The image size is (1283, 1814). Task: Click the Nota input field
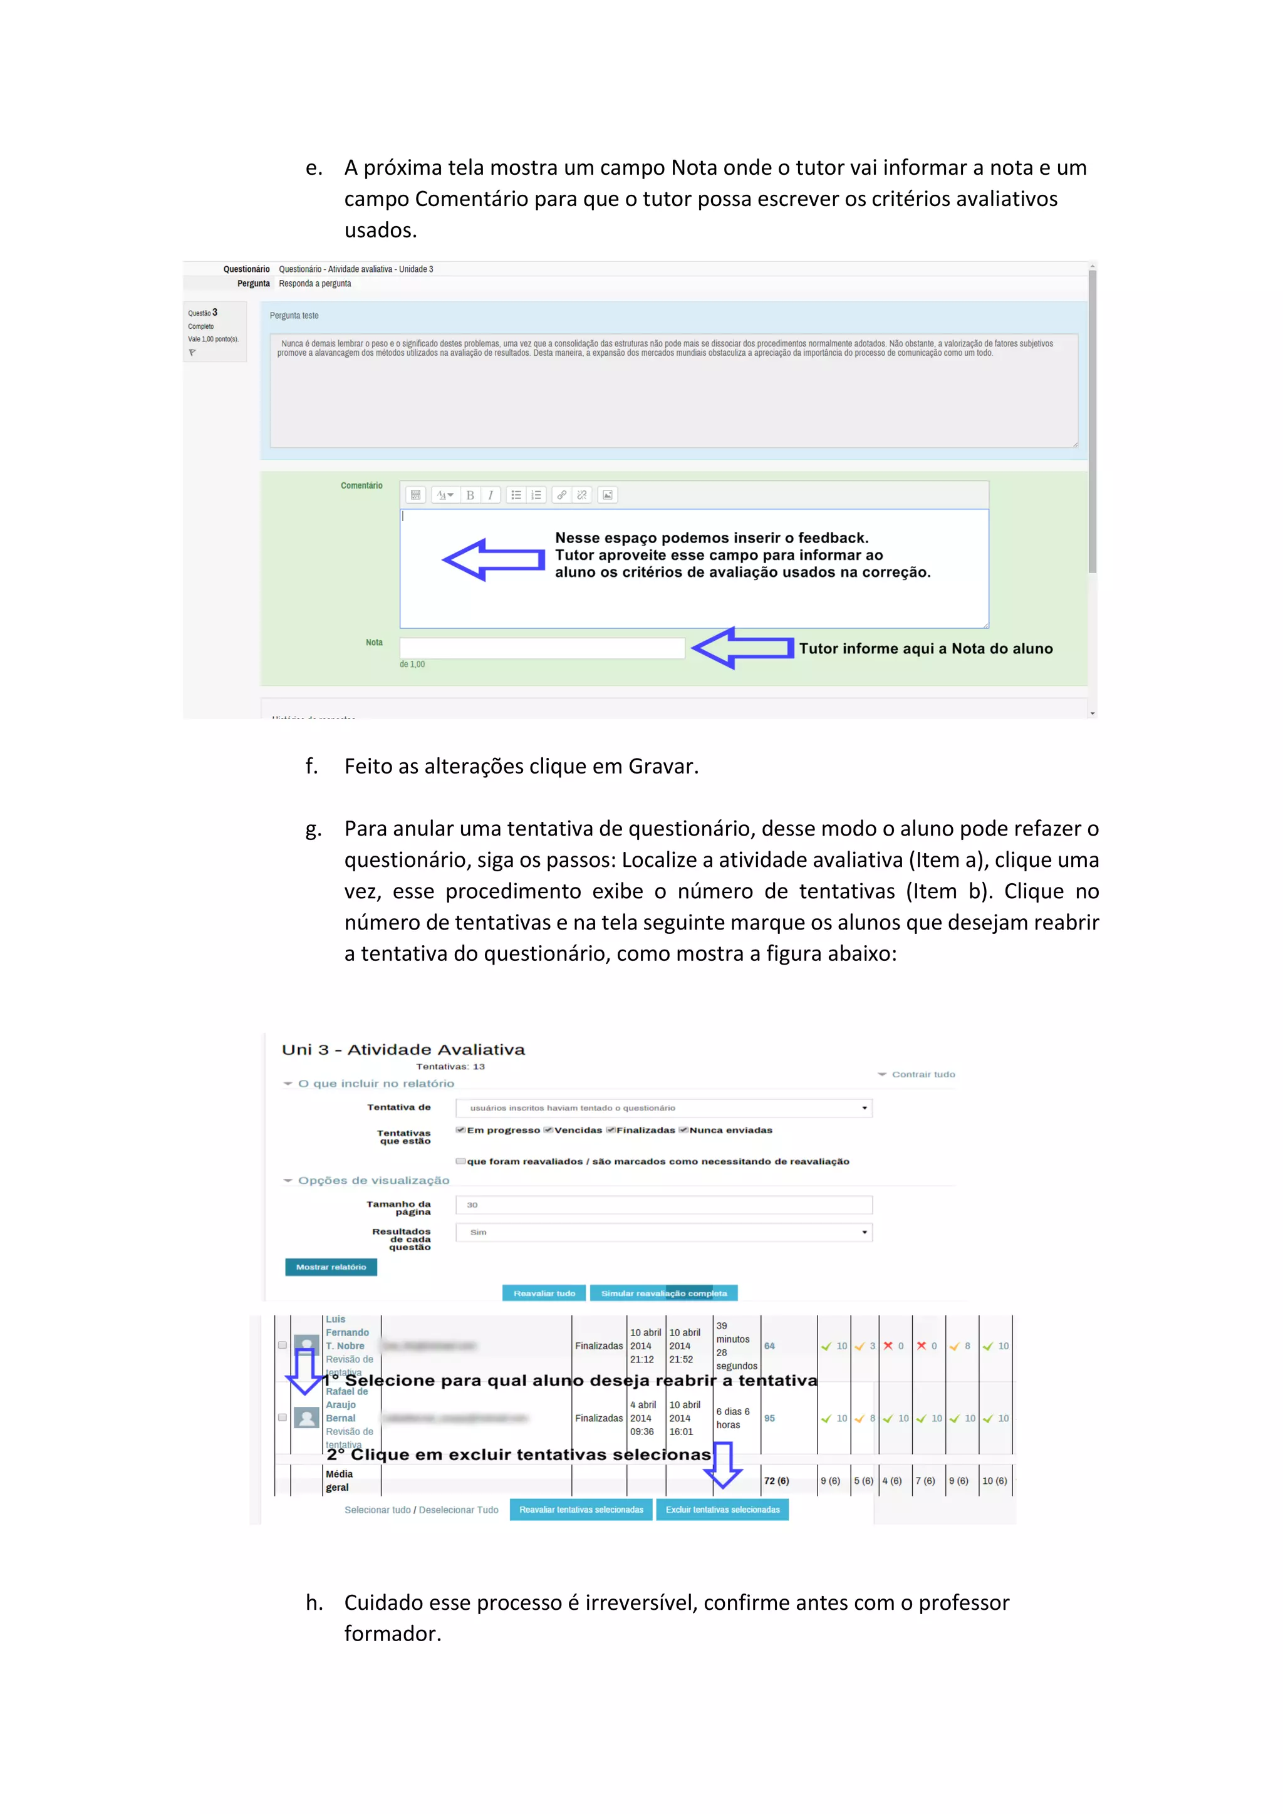pos(542,648)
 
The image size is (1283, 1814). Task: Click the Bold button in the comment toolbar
pos(470,495)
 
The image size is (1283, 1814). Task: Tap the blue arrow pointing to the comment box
pos(493,560)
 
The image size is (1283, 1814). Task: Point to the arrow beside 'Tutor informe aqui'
pos(742,648)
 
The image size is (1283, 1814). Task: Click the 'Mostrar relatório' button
pos(331,1267)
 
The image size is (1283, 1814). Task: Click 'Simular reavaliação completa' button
pos(663,1293)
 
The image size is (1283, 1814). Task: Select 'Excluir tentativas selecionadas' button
pos(722,1510)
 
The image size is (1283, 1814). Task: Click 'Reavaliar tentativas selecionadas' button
pos(581,1510)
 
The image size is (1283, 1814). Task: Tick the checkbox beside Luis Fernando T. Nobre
pos(282,1345)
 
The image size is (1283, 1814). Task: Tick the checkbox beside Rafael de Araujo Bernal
pos(282,1418)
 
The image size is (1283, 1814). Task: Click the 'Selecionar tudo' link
pos(377,1510)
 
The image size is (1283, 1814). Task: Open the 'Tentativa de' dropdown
pos(663,1107)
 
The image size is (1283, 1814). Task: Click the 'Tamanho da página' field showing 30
pos(663,1205)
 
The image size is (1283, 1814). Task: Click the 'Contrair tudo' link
pos(922,1074)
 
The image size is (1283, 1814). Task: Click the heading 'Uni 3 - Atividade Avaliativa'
pos(403,1049)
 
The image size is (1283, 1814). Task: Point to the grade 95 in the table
pos(769,1418)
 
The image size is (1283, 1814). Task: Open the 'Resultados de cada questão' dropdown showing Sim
pos(663,1233)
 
